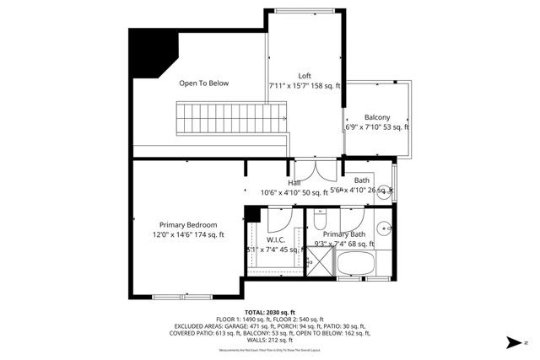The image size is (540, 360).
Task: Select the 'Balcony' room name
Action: pyautogui.click(x=377, y=117)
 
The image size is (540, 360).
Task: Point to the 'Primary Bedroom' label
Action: pyautogui.click(x=189, y=225)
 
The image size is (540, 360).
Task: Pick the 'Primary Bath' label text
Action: pyautogui.click(x=343, y=234)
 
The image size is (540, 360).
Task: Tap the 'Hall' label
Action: pyautogui.click(x=294, y=182)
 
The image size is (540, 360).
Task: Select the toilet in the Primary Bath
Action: pyautogui.click(x=320, y=219)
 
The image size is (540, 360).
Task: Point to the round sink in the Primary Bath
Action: pyautogui.click(x=382, y=227)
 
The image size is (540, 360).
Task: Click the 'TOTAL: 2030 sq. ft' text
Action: pyautogui.click(x=270, y=312)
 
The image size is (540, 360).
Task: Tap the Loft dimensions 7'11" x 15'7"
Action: pyautogui.click(x=305, y=86)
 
